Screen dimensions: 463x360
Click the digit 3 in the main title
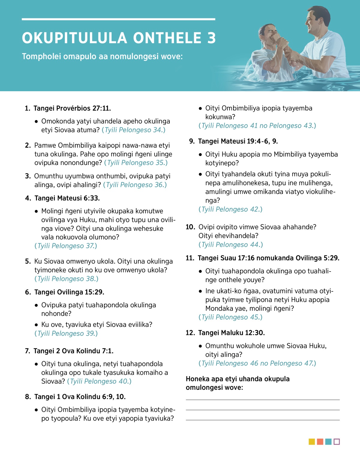[x=211, y=38]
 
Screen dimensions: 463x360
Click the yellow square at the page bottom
[x=312, y=442]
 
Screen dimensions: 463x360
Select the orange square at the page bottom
[x=320, y=442]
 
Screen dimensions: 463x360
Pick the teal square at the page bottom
[x=328, y=442]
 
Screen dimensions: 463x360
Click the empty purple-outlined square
[x=337, y=442]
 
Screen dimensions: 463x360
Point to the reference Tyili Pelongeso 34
[x=133, y=130]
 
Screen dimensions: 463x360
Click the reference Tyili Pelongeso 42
[x=230, y=209]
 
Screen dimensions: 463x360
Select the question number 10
[x=190, y=227]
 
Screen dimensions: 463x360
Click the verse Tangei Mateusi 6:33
[x=67, y=198]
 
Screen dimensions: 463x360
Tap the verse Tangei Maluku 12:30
[x=231, y=333]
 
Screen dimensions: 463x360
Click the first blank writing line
[x=262, y=400]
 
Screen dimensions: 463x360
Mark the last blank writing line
[x=262, y=420]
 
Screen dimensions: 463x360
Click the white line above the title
[x=118, y=19]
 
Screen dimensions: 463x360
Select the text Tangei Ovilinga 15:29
[x=69, y=292]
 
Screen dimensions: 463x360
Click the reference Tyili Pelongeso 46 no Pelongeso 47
[x=257, y=363]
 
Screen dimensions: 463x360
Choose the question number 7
[x=27, y=351]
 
